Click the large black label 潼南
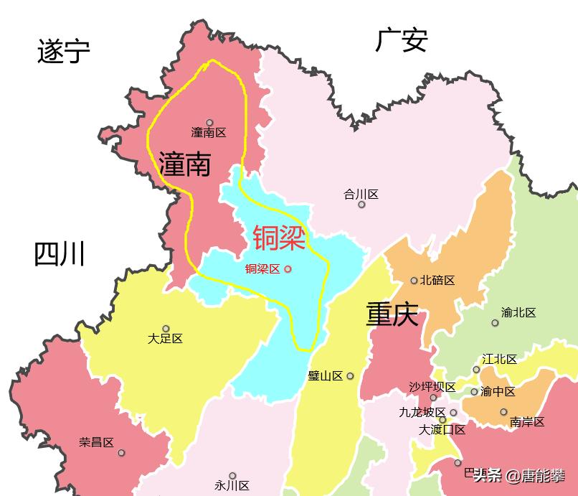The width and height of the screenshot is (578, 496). (185, 164)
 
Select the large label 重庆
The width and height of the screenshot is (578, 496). (392, 314)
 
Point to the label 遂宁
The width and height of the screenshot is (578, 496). (63, 52)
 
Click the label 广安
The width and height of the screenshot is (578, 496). (401, 41)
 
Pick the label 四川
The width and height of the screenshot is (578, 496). (60, 255)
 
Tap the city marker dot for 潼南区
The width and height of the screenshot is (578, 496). (209, 123)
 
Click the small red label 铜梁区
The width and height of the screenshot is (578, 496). (262, 269)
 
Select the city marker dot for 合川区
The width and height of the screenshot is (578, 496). (361, 205)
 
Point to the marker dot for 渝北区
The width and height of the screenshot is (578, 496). (495, 323)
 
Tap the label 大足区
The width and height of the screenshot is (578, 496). (165, 338)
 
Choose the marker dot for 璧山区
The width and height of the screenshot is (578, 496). (350, 375)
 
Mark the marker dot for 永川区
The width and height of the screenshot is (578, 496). (232, 476)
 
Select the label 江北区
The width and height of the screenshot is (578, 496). (499, 359)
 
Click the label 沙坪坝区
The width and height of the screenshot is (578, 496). (432, 387)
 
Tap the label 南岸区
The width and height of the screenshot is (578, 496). (527, 422)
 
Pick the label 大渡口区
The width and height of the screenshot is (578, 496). (442, 430)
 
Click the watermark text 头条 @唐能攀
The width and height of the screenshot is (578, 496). (518, 476)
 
